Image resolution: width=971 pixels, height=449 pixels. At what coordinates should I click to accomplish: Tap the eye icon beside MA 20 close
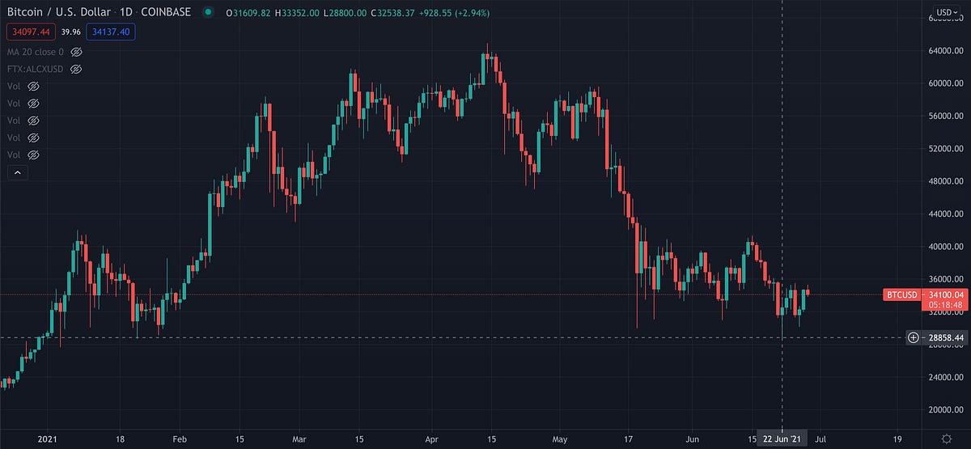point(77,51)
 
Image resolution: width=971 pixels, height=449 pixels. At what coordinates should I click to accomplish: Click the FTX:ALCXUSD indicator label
point(34,69)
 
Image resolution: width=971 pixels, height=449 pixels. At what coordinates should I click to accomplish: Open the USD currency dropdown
point(946,12)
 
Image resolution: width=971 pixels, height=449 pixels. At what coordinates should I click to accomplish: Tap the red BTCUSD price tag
point(901,294)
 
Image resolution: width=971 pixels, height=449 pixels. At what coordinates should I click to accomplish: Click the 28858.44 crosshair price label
point(946,337)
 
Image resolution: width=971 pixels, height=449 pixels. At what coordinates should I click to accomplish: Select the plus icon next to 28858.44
point(913,337)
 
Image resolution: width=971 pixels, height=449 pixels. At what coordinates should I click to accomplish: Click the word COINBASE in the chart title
point(165,12)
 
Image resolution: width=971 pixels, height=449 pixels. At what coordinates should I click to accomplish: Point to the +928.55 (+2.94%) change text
point(453,13)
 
